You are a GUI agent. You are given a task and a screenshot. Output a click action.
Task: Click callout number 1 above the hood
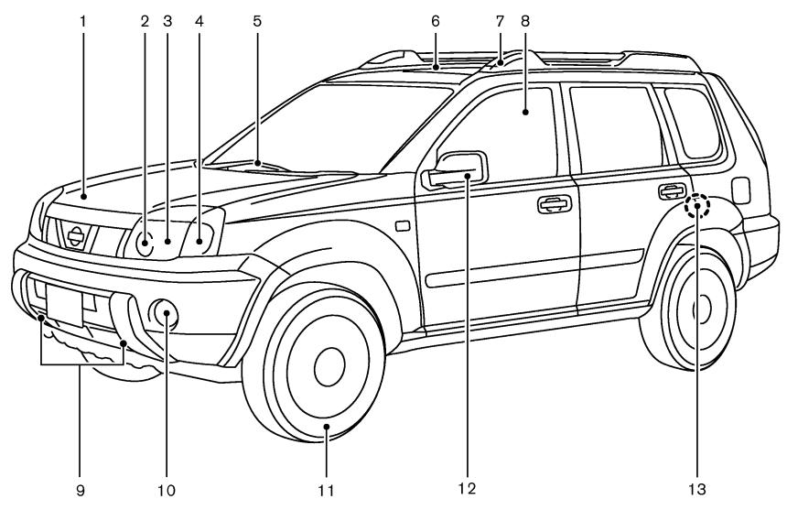[81, 16]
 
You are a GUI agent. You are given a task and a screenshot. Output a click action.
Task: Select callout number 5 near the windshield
[257, 16]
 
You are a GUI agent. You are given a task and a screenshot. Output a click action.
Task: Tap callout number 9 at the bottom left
[81, 489]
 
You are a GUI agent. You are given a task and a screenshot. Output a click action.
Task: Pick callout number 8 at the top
[526, 16]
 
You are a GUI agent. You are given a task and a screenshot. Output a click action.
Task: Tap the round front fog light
[167, 316]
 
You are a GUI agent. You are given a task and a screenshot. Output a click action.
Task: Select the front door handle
[555, 203]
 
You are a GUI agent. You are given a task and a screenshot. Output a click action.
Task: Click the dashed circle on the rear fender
[698, 207]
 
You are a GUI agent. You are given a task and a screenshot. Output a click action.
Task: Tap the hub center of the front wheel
[326, 367]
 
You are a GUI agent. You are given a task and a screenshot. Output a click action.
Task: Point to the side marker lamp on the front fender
[400, 225]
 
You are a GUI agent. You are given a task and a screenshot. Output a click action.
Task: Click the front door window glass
[499, 128]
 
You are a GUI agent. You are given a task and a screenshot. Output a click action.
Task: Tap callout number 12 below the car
[468, 489]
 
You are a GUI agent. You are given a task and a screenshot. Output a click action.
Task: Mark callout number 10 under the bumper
[167, 489]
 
